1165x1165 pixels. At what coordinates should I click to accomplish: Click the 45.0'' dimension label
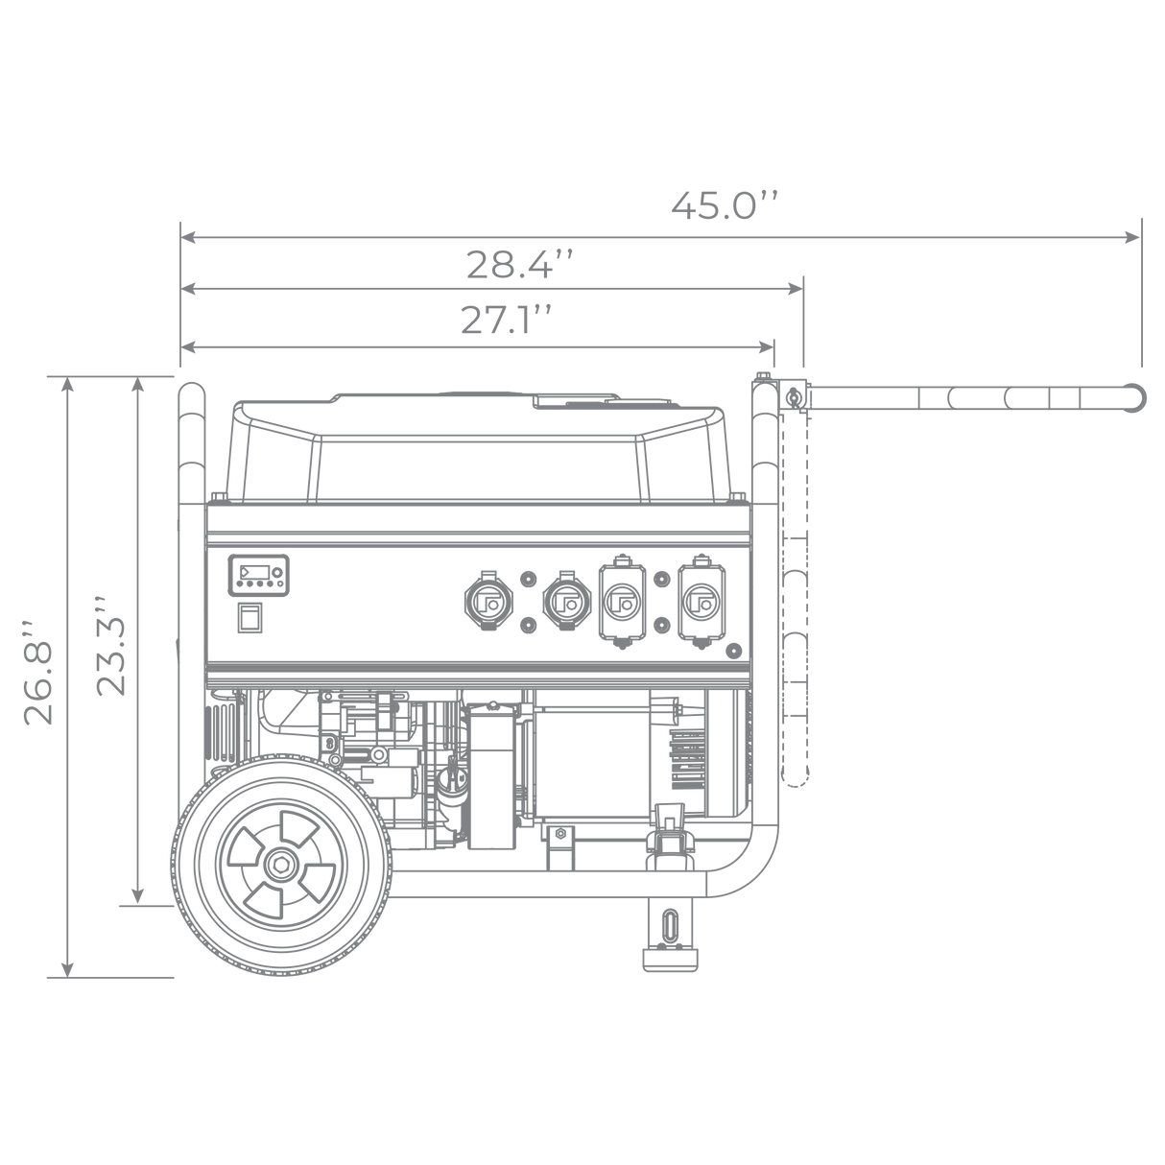[724, 205]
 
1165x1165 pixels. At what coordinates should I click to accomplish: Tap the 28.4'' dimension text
[519, 264]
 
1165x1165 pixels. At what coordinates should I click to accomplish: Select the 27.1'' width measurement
[507, 320]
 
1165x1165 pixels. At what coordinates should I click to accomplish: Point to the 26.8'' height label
[38, 672]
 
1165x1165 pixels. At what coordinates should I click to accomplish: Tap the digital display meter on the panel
[258, 575]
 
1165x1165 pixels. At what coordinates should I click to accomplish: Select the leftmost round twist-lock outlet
[488, 602]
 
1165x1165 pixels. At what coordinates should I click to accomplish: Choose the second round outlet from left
[567, 602]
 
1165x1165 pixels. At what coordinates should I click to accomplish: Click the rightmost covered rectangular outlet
[701, 602]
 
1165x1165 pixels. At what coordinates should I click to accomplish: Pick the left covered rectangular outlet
[622, 602]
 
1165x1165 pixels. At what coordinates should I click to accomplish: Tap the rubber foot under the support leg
[670, 960]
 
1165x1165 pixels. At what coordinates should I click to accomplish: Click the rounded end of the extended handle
[1135, 398]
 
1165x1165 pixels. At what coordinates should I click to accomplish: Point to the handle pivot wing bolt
[792, 396]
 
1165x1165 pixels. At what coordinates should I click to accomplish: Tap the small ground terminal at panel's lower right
[733, 652]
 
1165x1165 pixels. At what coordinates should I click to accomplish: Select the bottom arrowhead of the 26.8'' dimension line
[68, 968]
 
